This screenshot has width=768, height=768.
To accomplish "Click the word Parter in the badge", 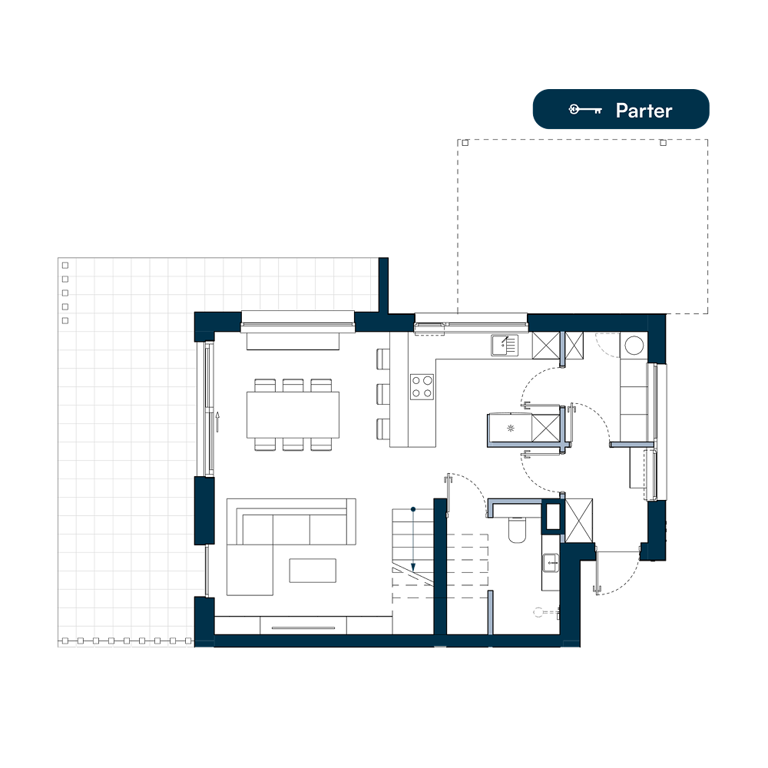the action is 644,111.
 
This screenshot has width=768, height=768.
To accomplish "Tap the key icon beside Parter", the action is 585,109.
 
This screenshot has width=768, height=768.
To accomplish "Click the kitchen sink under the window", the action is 505,345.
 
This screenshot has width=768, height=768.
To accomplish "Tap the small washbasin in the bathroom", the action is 551,562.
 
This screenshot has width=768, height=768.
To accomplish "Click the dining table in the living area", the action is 293,415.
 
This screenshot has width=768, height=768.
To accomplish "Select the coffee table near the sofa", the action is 313,571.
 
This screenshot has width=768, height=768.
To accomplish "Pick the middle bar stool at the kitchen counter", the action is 383,394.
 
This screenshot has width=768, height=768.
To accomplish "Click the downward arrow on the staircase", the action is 413,540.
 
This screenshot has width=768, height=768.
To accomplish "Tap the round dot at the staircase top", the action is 413,509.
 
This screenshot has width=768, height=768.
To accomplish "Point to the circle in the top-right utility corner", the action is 634,346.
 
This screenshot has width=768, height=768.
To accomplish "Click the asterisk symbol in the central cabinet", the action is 511,429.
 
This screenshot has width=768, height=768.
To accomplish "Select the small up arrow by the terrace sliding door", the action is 217,422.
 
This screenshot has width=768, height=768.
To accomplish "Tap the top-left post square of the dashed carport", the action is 465,143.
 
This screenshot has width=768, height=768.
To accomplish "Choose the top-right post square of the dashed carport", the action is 664,143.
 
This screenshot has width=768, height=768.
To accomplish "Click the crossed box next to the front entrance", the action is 579,520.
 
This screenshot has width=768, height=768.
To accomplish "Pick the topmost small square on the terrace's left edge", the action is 65,265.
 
